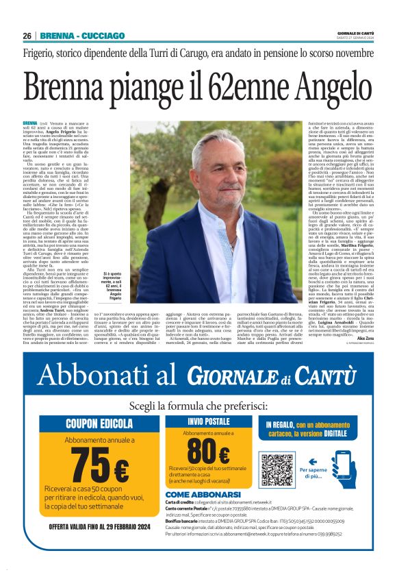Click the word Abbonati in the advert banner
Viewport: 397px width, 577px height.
pos(102,373)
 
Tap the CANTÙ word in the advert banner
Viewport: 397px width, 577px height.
pos(327,375)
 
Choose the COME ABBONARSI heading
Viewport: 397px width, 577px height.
pos(203,494)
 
